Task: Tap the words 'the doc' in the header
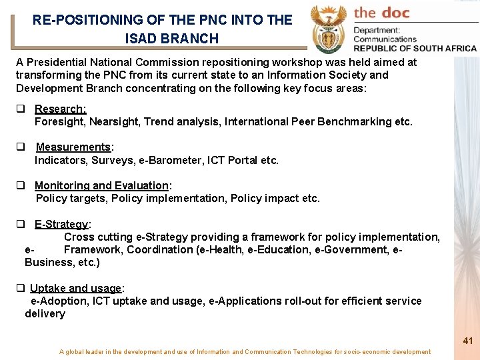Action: click(382, 12)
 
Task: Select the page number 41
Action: click(468, 341)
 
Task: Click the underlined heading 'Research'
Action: click(60, 109)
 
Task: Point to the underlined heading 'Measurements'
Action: click(73, 147)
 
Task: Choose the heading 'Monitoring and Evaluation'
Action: click(101, 185)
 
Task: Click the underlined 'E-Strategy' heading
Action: click(61, 224)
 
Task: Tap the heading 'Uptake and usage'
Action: click(76, 288)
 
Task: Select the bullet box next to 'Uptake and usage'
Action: click(21, 288)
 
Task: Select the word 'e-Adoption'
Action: click(59, 301)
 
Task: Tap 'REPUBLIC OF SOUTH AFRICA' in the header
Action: click(415, 48)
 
